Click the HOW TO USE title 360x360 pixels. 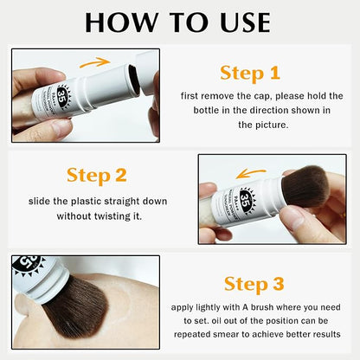[180, 22]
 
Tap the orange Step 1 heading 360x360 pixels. [249, 72]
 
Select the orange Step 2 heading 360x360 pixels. [97, 176]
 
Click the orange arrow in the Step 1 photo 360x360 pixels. [95, 61]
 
